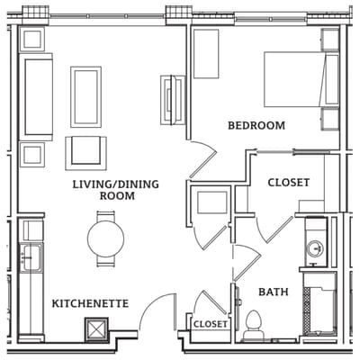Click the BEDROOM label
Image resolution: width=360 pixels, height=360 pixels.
pyautogui.click(x=256, y=125)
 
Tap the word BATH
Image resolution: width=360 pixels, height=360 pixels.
pyautogui.click(x=273, y=292)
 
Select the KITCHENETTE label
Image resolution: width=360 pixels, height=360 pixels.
pyautogui.click(x=90, y=303)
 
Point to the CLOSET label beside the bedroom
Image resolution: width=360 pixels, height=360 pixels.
pyautogui.click(x=290, y=183)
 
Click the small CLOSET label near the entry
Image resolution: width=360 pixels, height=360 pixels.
pyautogui.click(x=210, y=324)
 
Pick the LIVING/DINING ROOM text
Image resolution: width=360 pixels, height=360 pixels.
pyautogui.click(x=116, y=190)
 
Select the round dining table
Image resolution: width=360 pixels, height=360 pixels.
pyautogui.click(x=105, y=238)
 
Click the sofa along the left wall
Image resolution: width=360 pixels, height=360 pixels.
pyautogui.click(x=39, y=97)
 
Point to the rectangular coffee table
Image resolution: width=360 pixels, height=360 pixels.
pyautogui.click(x=86, y=96)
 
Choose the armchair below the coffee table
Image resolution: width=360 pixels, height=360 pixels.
pyautogui.click(x=86, y=152)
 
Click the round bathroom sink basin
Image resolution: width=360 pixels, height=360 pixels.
pyautogui.click(x=316, y=248)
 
